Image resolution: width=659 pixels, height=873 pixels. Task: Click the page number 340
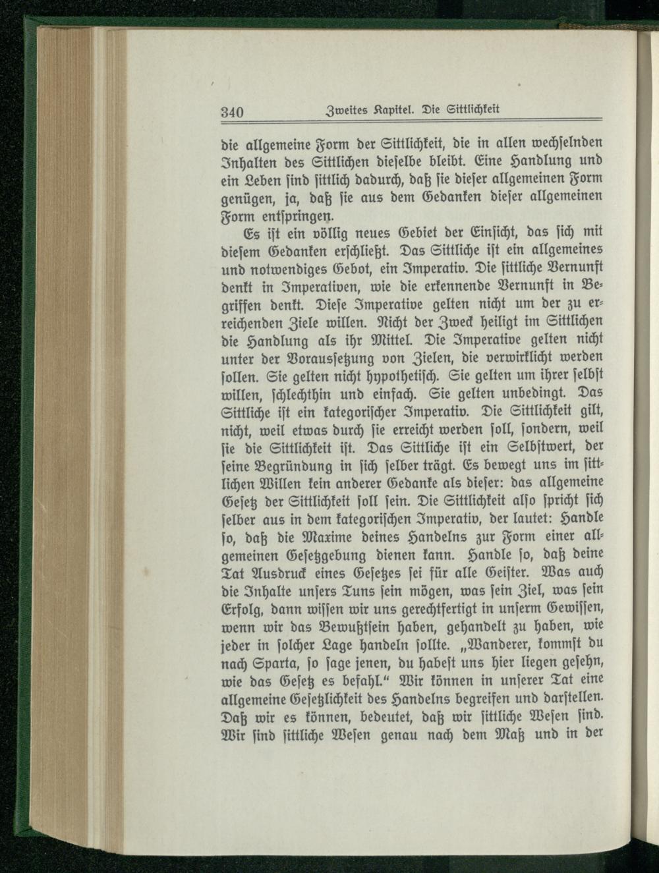[231, 111]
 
